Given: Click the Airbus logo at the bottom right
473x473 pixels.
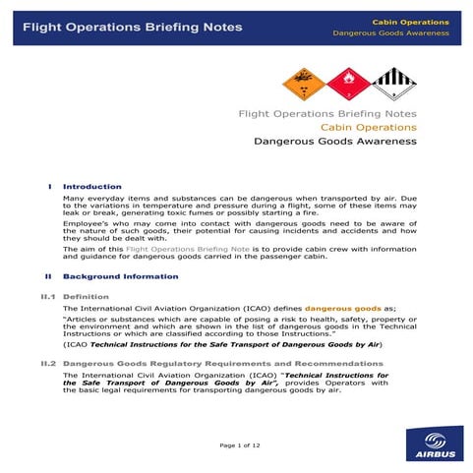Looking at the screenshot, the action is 432,443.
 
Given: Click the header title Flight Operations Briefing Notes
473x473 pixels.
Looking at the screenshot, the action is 132,27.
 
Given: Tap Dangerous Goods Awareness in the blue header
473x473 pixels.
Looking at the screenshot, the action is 390,33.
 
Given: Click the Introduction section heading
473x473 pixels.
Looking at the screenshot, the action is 92,186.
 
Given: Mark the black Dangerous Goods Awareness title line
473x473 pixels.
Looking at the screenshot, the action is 334,142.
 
